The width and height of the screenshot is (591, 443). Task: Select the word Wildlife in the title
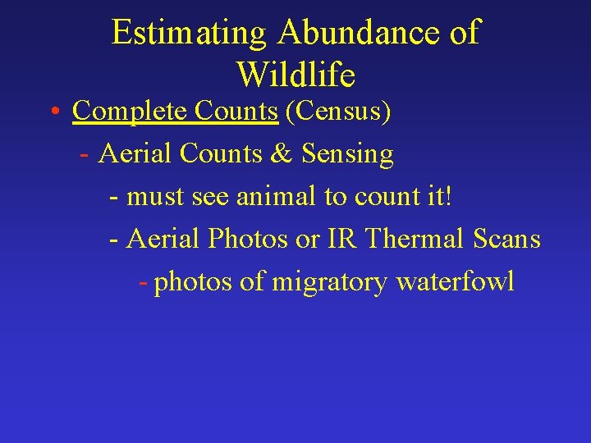point(295,75)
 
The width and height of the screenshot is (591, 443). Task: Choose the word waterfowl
point(456,281)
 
